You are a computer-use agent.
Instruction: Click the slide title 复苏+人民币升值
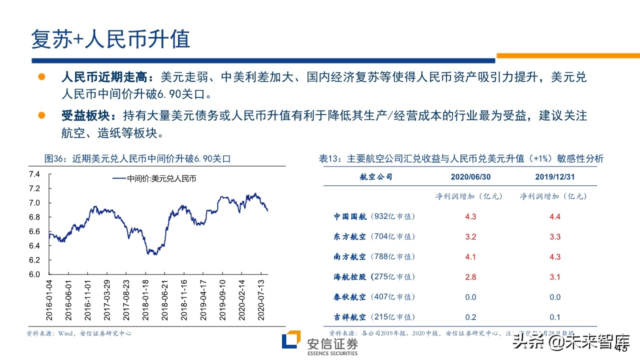tap(110, 39)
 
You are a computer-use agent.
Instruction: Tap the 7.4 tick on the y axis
tap(34, 174)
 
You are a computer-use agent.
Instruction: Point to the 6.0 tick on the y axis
tap(34, 274)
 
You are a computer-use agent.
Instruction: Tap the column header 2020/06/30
tap(470, 177)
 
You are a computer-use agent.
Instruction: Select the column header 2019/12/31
tap(554, 177)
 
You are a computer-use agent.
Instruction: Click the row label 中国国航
tap(350, 216)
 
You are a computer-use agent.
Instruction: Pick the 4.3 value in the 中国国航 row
tap(470, 217)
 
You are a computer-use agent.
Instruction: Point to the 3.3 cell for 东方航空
tap(555, 237)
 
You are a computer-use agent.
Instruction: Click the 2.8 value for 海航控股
tap(470, 277)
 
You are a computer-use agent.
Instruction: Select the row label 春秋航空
tap(350, 297)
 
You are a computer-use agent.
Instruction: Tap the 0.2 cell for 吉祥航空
tap(470, 317)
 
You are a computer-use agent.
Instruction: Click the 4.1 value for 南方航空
tap(470, 257)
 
